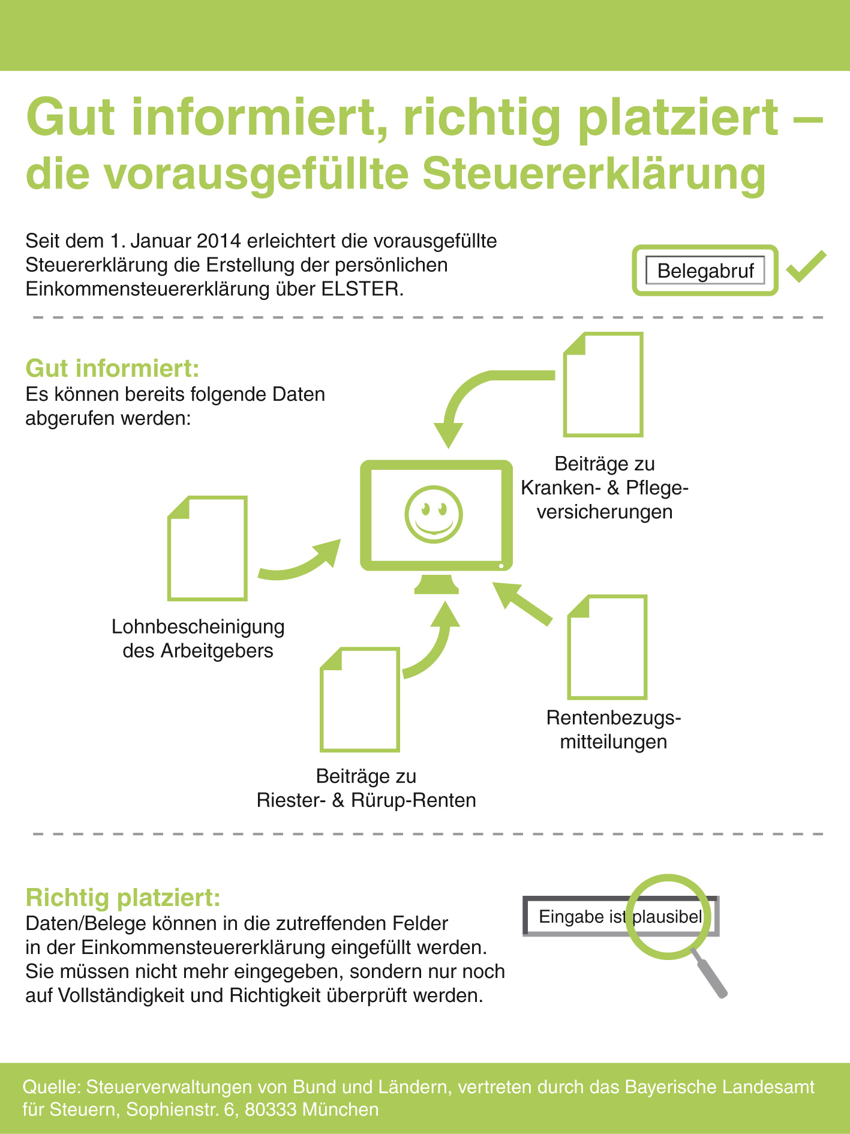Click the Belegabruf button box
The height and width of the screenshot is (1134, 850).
(705, 270)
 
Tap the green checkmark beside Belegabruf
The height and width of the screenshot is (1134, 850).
(806, 266)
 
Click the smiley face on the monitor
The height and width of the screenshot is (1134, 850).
(434, 514)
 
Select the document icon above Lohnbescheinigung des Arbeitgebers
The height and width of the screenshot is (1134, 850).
(208, 548)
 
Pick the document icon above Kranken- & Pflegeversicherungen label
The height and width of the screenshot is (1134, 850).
(603, 385)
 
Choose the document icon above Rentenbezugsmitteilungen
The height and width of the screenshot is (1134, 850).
(607, 647)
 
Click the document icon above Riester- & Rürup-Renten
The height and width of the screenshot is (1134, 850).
(360, 699)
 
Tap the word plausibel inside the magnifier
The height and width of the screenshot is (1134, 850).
(667, 917)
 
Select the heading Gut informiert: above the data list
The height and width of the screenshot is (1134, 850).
(112, 368)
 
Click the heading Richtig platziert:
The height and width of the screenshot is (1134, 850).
(123, 898)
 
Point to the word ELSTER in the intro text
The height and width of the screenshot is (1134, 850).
(362, 289)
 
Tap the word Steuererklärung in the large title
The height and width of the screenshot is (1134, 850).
(594, 174)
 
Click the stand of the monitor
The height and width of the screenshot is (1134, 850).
(436, 583)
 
